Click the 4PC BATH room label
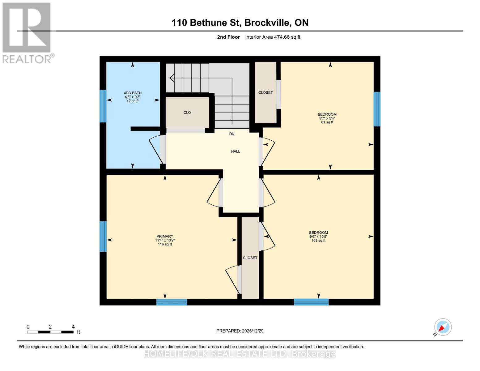click(x=133, y=93)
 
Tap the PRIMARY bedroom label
click(x=165, y=236)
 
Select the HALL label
click(x=236, y=151)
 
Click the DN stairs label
click(x=232, y=134)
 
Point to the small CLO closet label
click(x=187, y=113)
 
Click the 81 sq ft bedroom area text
click(x=327, y=122)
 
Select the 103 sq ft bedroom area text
click(x=318, y=241)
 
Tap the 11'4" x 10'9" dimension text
click(x=165, y=240)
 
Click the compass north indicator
click(x=443, y=327)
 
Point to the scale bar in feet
click(x=50, y=332)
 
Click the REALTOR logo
click(x=27, y=32)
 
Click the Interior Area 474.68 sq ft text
click(x=273, y=37)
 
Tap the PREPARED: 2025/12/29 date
click(x=240, y=331)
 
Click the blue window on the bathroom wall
click(x=103, y=106)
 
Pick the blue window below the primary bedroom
click(x=172, y=302)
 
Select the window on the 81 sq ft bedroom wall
click(x=377, y=109)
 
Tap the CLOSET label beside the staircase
click(x=265, y=92)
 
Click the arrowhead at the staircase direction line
click(x=172, y=78)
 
